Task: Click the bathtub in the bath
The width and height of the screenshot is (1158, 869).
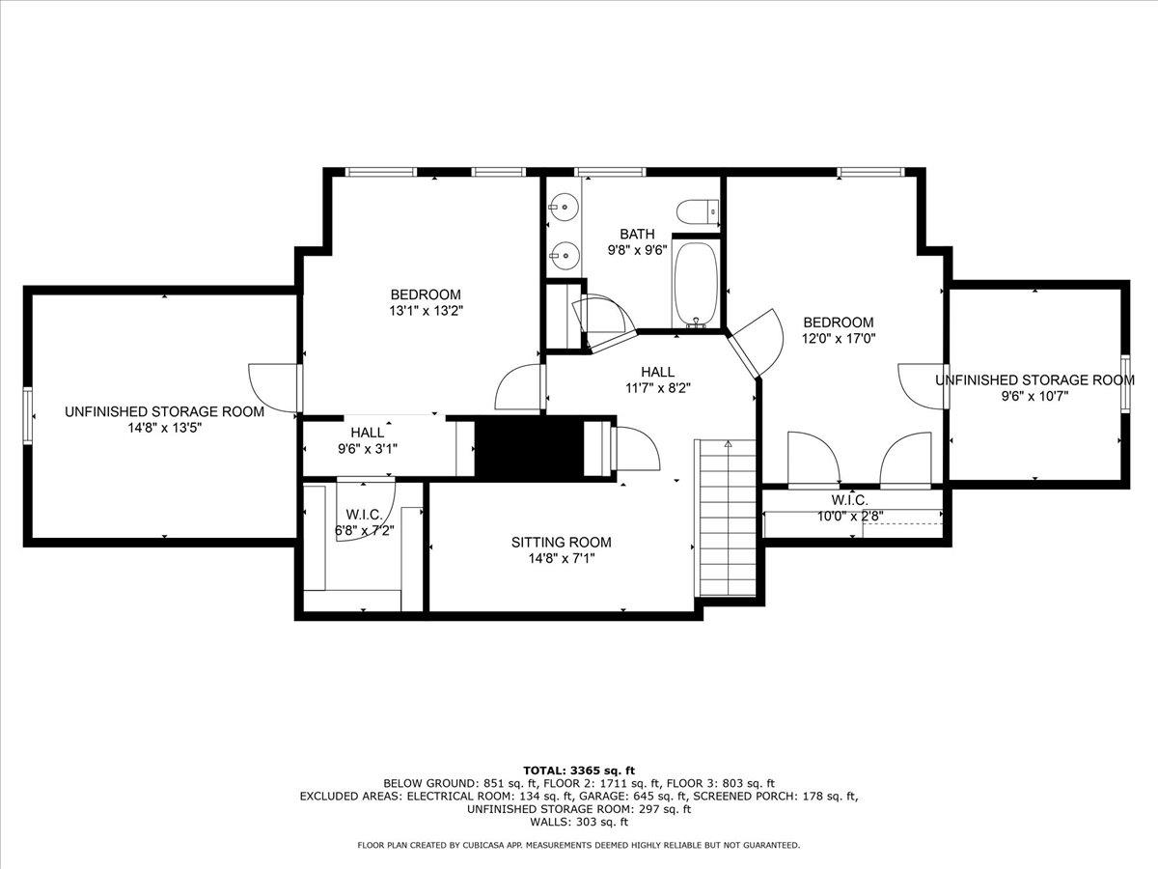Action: click(x=695, y=284)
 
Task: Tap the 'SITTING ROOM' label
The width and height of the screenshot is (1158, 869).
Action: click(x=561, y=543)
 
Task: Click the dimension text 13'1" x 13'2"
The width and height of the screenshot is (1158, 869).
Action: click(x=425, y=311)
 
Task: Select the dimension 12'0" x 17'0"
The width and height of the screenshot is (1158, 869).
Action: click(x=839, y=338)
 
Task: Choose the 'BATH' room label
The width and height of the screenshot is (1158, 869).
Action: click(x=637, y=234)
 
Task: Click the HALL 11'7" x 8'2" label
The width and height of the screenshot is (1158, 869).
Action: click(x=657, y=379)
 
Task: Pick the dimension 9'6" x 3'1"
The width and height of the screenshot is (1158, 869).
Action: click(x=367, y=448)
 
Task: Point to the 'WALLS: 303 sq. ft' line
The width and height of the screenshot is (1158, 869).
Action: click(x=578, y=823)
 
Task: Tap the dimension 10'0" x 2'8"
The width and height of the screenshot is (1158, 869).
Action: click(x=849, y=515)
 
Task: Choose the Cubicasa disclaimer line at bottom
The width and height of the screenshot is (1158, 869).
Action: click(x=578, y=846)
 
